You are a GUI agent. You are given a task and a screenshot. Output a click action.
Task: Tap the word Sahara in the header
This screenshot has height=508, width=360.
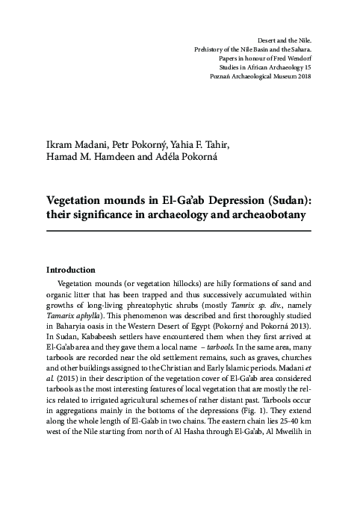(297, 48)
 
